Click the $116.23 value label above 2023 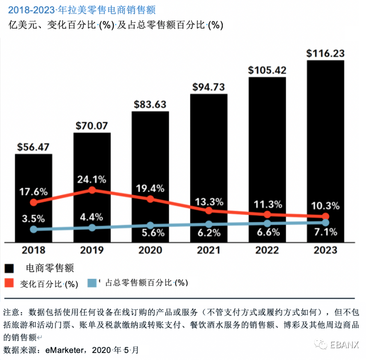[325, 53]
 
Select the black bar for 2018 [34, 172]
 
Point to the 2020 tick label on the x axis [150, 250]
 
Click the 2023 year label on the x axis [325, 250]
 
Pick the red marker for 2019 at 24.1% [92, 190]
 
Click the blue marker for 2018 [34, 229]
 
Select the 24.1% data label [92, 179]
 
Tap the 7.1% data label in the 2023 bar [325, 232]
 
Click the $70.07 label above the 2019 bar [92, 125]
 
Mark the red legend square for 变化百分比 [10, 283]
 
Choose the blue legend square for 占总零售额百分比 [93, 283]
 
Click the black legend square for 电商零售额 [10, 268]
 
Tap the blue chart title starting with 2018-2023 [82, 9]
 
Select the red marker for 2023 [325, 216]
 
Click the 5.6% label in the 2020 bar [150, 232]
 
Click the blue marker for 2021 [209, 225]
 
